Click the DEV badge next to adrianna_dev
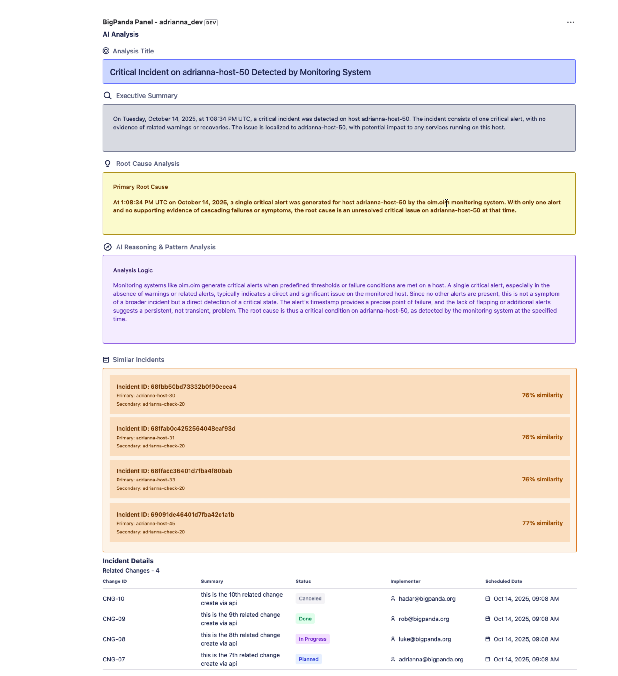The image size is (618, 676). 211,23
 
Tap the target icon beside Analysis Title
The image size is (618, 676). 106,51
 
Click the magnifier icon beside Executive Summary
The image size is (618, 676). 107,96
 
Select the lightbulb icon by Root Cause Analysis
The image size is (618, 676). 107,164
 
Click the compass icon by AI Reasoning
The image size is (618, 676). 107,247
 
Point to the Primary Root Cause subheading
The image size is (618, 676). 140,187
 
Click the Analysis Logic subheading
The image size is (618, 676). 133,270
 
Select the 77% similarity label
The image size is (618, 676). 542,523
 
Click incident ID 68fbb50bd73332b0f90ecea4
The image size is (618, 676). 176,387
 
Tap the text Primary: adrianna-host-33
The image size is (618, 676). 145,480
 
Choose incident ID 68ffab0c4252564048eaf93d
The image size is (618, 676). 176,428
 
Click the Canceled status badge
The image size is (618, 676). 310,599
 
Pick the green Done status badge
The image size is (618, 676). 305,619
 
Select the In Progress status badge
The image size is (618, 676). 312,639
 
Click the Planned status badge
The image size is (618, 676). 308,659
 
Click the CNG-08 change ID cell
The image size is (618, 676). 114,639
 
